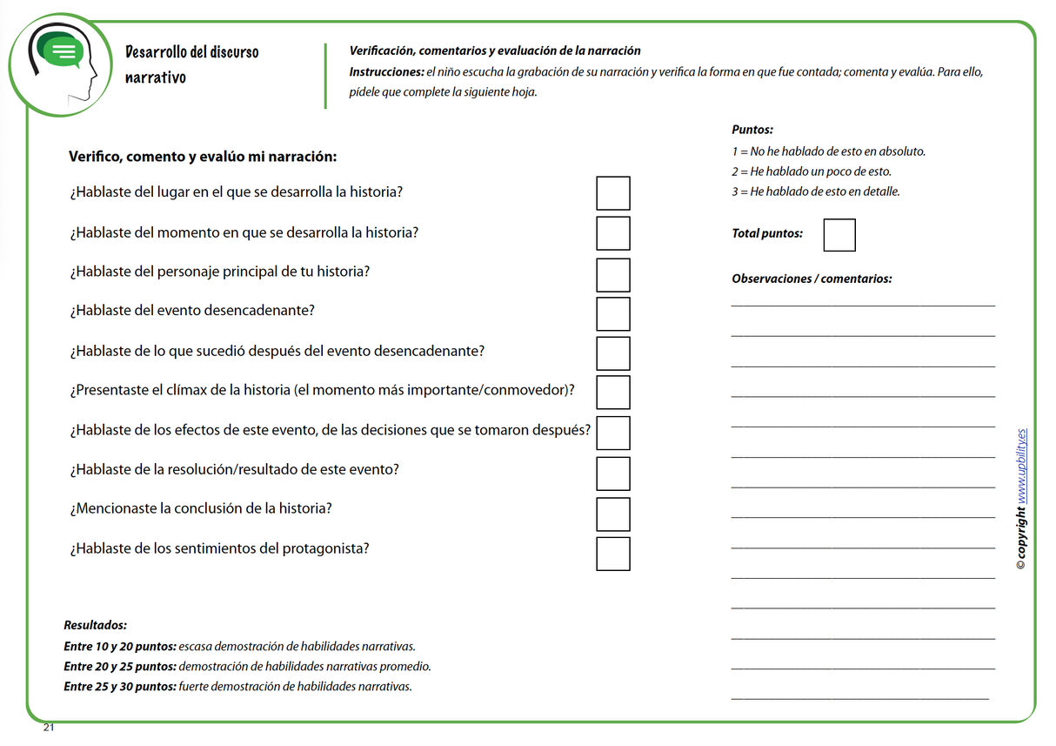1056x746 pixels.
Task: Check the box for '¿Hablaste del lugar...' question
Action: click(x=612, y=193)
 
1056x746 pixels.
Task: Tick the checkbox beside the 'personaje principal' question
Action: click(x=612, y=274)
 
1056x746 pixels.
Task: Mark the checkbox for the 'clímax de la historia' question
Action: click(x=612, y=392)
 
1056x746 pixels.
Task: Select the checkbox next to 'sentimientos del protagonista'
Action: click(x=612, y=554)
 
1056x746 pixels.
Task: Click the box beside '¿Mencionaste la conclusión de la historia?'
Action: click(x=612, y=514)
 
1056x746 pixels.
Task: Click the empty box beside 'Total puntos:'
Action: click(x=839, y=235)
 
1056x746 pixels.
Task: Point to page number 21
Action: click(x=49, y=728)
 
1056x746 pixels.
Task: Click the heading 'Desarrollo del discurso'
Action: click(x=191, y=52)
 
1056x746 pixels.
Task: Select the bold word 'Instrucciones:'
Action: click(x=386, y=72)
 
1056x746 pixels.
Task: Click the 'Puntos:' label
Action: click(x=752, y=130)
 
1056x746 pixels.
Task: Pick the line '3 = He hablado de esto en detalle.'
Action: click(x=815, y=192)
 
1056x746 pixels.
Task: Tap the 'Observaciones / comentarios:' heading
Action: click(x=812, y=279)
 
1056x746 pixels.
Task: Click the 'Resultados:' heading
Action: click(x=95, y=625)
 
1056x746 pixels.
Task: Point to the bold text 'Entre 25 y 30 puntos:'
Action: click(x=119, y=687)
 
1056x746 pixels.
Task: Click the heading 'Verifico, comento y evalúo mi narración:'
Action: click(x=202, y=158)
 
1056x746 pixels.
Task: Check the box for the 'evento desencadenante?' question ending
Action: click(x=612, y=314)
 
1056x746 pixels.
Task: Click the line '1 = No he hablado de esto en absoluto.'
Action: click(x=828, y=151)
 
